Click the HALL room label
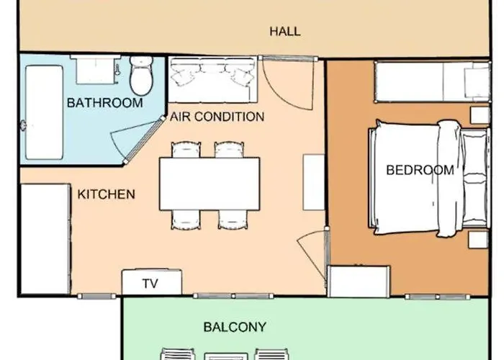tap(285, 32)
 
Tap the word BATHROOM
tap(105, 103)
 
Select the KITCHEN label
tap(106, 194)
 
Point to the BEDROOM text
tap(420, 170)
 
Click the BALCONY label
tap(235, 327)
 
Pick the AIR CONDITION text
tap(217, 117)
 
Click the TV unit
tap(152, 282)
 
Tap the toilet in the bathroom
tap(141, 76)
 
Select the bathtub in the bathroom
tap(44, 112)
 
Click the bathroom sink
tap(96, 70)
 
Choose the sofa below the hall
tap(213, 80)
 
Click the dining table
tap(210, 184)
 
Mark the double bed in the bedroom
tap(429, 179)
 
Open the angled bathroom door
tap(144, 140)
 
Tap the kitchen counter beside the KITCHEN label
tap(45, 239)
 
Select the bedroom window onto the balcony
tap(438, 297)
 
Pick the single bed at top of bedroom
tap(433, 81)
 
